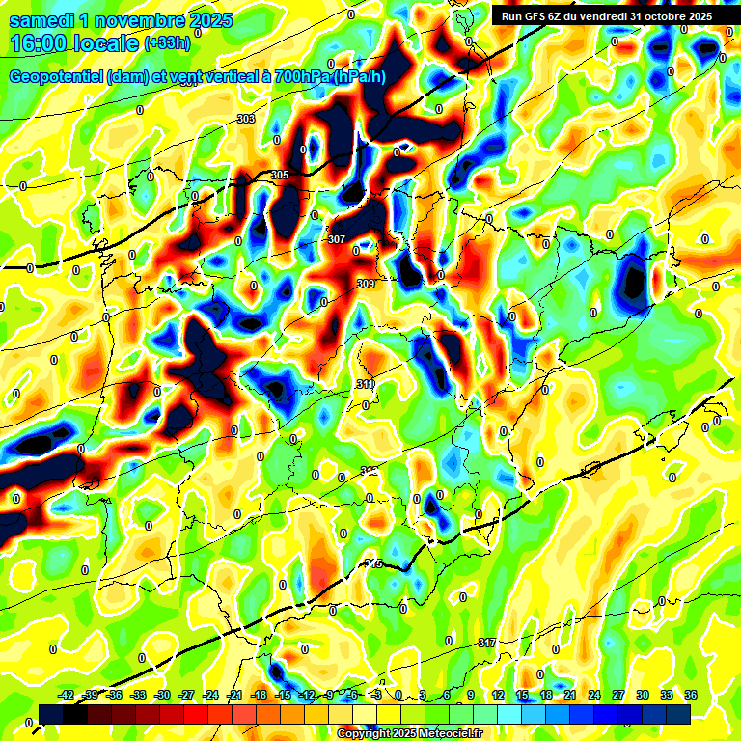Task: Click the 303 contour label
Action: tap(245, 119)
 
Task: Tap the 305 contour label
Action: tap(280, 175)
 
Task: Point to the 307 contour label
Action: tap(337, 239)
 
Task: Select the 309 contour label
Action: tap(366, 284)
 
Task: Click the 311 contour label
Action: tap(365, 385)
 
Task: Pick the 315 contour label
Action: tap(374, 564)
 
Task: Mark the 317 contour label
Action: tap(487, 643)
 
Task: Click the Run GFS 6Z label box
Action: tap(603, 15)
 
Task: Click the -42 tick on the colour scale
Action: tap(67, 695)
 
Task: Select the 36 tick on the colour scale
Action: tap(691, 695)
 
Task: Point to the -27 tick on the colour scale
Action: tap(186, 695)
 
